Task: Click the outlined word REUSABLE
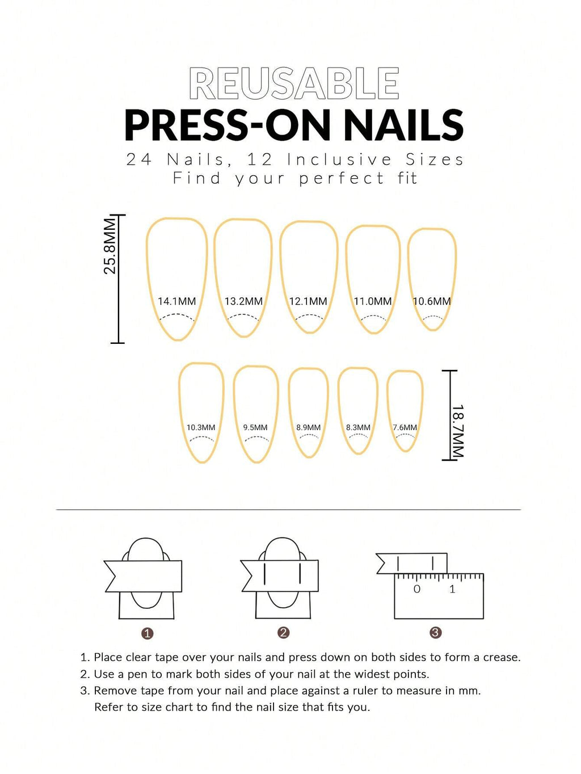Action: click(x=294, y=84)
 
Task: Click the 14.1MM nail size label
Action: click(x=177, y=301)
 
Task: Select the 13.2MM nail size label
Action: click(x=243, y=301)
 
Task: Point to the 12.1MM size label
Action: click(x=308, y=301)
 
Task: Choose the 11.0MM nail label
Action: click(x=373, y=301)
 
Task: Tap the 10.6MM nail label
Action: click(x=432, y=301)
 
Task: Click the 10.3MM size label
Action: click(x=201, y=427)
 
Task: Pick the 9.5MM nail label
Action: click(x=255, y=427)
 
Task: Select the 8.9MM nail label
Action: click(x=308, y=427)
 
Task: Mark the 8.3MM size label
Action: click(x=358, y=427)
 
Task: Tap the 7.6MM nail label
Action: click(x=405, y=427)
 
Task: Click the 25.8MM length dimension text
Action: click(x=110, y=246)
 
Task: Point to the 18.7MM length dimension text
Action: click(x=458, y=431)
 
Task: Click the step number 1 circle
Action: click(x=148, y=633)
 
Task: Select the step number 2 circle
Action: click(x=284, y=633)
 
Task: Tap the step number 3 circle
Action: click(x=436, y=633)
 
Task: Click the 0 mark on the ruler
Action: click(x=417, y=589)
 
